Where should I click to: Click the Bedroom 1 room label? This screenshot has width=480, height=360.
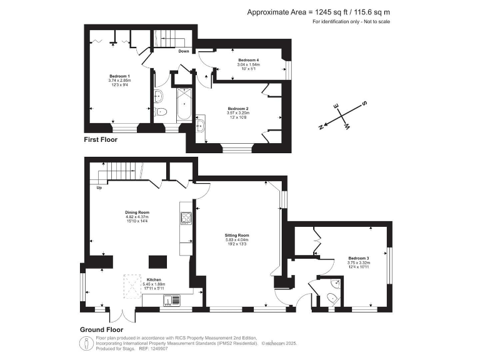click(x=118, y=76)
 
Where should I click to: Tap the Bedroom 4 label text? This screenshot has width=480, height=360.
click(x=248, y=59)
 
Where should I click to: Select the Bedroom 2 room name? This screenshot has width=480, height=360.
click(x=237, y=108)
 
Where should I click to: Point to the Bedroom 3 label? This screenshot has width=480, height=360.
click(x=358, y=258)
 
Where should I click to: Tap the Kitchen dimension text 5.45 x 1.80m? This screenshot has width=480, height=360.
click(x=154, y=284)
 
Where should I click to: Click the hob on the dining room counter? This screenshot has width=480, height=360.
click(x=186, y=218)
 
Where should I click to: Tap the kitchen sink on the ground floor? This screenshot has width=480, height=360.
click(x=169, y=301)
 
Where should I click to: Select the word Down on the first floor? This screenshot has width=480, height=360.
click(x=184, y=51)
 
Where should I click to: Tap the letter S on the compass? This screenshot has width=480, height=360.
click(x=365, y=103)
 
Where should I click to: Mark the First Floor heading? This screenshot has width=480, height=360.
click(x=101, y=140)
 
